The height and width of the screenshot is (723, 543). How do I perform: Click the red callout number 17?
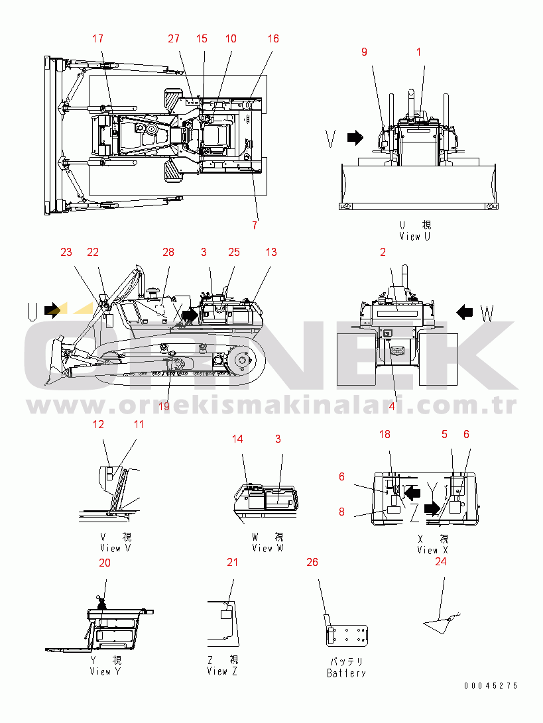pyautogui.click(x=97, y=38)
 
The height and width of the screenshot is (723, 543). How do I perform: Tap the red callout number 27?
pyautogui.click(x=174, y=38)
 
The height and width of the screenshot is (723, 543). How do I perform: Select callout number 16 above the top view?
pyautogui.click(x=273, y=38)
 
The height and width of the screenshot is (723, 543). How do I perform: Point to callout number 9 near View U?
pyautogui.click(x=365, y=52)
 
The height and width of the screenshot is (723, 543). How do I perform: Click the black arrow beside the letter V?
pyautogui.click(x=355, y=137)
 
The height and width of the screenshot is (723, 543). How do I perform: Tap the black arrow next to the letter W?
pyautogui.click(x=465, y=313)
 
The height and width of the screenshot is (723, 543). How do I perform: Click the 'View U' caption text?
pyautogui.click(x=415, y=237)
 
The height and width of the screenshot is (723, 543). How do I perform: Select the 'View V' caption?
pyautogui.click(x=115, y=548)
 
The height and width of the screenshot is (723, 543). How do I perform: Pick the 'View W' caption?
pyautogui.click(x=268, y=548)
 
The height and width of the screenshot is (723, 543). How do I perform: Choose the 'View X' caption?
pyautogui.click(x=432, y=550)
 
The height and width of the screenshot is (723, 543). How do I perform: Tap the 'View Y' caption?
pyautogui.click(x=105, y=671)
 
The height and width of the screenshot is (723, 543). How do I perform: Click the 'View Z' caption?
pyautogui.click(x=222, y=671)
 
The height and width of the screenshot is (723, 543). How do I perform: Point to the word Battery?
pyautogui.click(x=346, y=673)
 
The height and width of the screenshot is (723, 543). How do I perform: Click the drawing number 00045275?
pyautogui.click(x=491, y=686)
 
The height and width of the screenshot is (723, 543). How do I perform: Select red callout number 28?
pyautogui.click(x=168, y=252)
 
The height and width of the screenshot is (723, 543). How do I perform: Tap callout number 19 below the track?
pyautogui.click(x=164, y=406)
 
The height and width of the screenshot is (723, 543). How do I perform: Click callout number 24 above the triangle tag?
pyautogui.click(x=441, y=561)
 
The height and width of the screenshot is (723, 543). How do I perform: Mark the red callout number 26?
pyautogui.click(x=312, y=563)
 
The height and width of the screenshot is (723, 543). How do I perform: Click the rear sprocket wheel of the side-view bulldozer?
pyautogui.click(x=242, y=359)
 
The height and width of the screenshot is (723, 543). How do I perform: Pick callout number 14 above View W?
pyautogui.click(x=237, y=439)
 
